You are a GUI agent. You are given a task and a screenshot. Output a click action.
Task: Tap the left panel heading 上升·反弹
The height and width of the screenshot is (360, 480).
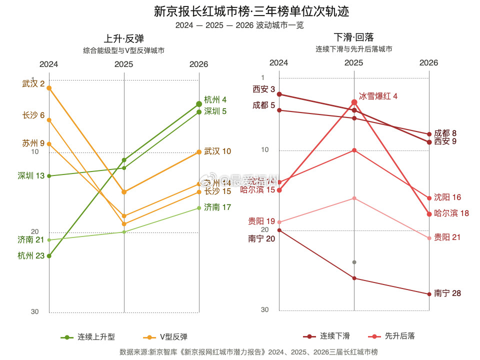[123, 39]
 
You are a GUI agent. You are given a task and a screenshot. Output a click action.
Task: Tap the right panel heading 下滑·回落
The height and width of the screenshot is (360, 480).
[353, 37]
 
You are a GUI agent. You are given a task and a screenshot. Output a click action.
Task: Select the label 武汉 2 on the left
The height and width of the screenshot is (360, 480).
[33, 83]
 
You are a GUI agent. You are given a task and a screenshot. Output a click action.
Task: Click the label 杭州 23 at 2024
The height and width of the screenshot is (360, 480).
[31, 256]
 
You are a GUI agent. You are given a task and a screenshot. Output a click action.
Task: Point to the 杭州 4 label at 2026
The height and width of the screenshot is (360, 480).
[215, 99]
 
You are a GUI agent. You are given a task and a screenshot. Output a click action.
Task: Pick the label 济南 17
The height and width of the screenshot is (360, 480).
[217, 207]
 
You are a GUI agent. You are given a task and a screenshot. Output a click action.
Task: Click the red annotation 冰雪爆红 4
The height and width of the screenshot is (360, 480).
[378, 96]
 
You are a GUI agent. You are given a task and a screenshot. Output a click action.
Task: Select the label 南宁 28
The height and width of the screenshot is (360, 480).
[447, 293]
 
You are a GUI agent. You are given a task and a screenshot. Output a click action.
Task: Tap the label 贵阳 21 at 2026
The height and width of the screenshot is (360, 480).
[447, 237]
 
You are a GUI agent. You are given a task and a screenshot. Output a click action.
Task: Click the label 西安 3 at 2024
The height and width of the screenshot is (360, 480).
[264, 89]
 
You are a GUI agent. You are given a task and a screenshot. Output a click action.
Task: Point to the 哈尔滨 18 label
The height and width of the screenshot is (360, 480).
[451, 213]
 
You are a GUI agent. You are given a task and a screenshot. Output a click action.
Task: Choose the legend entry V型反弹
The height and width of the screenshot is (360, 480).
[165, 337]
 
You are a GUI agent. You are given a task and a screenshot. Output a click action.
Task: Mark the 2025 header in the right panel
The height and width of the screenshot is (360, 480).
[353, 63]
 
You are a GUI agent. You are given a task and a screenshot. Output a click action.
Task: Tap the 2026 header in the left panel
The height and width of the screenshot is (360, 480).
[198, 64]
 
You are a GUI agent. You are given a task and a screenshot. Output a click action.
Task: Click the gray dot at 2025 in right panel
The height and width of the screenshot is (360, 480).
[354, 262]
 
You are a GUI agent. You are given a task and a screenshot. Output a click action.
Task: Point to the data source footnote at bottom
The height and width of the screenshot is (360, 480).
[248, 352]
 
